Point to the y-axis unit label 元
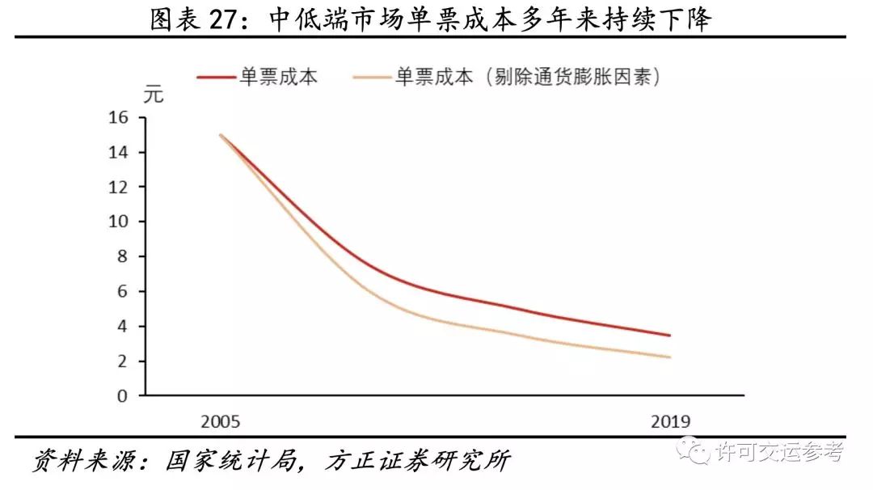coord(154,95)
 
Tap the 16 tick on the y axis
coord(118,118)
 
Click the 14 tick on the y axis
coord(118,153)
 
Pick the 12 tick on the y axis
coord(118,188)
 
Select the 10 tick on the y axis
coord(118,222)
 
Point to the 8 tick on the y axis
coord(123,257)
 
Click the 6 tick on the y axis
coord(123,292)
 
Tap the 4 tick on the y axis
coord(123,327)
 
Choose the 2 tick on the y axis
coord(123,361)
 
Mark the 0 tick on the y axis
coord(123,396)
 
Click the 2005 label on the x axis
coord(221,422)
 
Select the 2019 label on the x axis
coord(670,422)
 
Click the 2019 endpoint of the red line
coord(670,336)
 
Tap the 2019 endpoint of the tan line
coord(670,357)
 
